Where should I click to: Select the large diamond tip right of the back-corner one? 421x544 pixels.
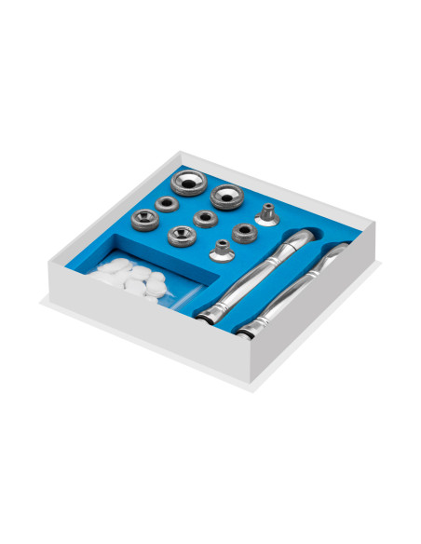pos(225,196)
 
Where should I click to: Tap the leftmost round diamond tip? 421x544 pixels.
pos(144,218)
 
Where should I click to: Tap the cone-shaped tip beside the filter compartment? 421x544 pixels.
pos(221,250)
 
